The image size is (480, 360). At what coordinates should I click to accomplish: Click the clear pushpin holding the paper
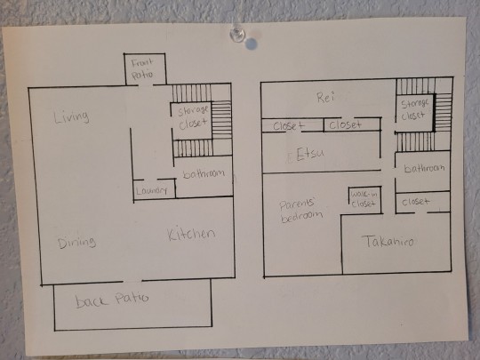(x=237, y=34)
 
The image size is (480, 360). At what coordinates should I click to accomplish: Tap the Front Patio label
(x=142, y=68)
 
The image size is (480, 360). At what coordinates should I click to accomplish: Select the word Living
(x=72, y=116)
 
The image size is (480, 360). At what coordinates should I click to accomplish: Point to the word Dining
(x=76, y=242)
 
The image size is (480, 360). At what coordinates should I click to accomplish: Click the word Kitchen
(x=191, y=234)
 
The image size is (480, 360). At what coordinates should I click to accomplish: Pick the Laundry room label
(x=151, y=191)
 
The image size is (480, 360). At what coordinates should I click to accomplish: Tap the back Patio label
(x=112, y=300)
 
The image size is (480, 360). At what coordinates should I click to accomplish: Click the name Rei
(x=325, y=98)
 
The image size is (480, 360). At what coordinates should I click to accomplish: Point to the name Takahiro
(x=388, y=241)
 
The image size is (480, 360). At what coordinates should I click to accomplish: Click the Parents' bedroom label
(x=301, y=211)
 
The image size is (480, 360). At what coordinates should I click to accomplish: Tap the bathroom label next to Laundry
(x=204, y=174)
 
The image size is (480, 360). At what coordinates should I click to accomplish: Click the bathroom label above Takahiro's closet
(x=424, y=168)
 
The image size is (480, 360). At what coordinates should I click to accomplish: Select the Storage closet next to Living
(x=193, y=117)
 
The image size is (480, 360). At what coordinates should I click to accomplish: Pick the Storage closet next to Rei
(x=414, y=109)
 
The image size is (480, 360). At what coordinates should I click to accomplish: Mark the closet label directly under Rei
(x=345, y=124)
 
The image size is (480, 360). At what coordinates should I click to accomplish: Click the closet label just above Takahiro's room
(x=416, y=202)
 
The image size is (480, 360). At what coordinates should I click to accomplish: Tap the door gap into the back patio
(x=132, y=281)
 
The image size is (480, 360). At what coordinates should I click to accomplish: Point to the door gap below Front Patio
(x=146, y=84)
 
